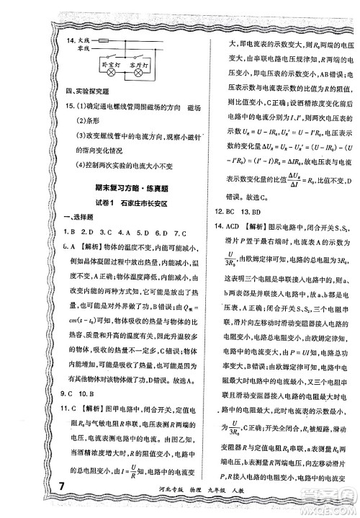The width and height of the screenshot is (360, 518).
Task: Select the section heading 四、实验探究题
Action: (x=89, y=92)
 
